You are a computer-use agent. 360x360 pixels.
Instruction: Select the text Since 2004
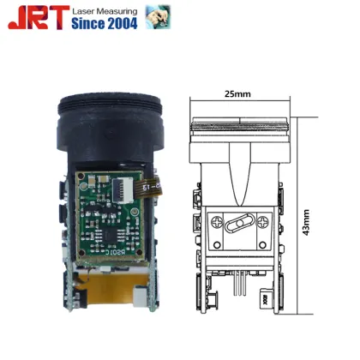click(105, 24)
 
